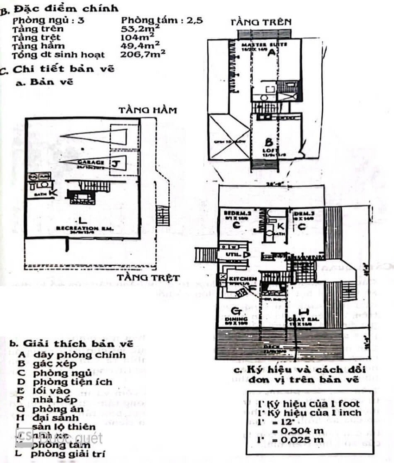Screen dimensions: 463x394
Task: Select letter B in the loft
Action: pyautogui.click(x=268, y=142)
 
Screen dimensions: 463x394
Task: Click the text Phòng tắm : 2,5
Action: pyautogui.click(x=162, y=20)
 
